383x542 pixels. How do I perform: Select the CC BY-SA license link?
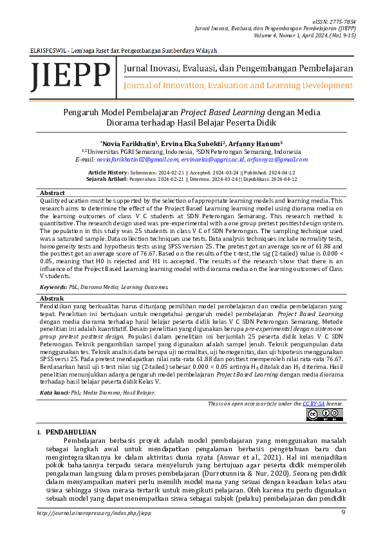point(313,403)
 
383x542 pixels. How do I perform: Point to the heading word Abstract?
point(53,193)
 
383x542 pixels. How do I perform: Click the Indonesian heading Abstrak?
point(51,299)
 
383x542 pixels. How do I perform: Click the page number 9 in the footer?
point(343,512)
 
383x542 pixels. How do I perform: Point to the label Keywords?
point(53,286)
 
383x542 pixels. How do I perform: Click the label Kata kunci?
point(55,392)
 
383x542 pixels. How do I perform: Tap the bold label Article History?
point(107,173)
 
